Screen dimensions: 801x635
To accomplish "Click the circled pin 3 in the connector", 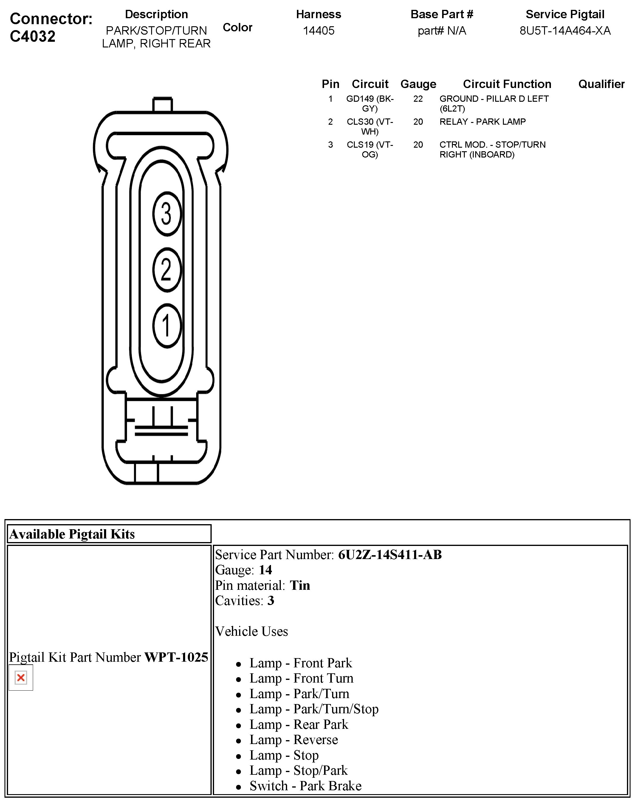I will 167,214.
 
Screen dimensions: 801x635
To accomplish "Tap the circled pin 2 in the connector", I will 167,269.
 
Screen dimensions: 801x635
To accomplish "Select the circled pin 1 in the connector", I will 167,325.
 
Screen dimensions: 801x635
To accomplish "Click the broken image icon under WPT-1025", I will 21,678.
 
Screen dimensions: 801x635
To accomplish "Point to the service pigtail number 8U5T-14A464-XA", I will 564,30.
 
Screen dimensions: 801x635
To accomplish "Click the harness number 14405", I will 318,30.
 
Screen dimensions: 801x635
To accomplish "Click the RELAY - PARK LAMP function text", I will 482,122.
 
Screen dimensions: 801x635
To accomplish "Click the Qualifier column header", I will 601,84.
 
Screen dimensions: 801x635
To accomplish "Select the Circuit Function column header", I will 507,84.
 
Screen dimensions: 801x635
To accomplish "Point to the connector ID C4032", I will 33,36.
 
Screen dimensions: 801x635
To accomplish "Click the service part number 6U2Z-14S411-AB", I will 390,555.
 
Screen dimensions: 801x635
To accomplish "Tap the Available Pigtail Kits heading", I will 72,534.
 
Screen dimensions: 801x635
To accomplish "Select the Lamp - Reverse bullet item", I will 293,740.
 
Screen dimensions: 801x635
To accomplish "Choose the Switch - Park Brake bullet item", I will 305,786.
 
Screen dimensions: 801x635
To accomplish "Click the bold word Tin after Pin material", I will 300,586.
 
